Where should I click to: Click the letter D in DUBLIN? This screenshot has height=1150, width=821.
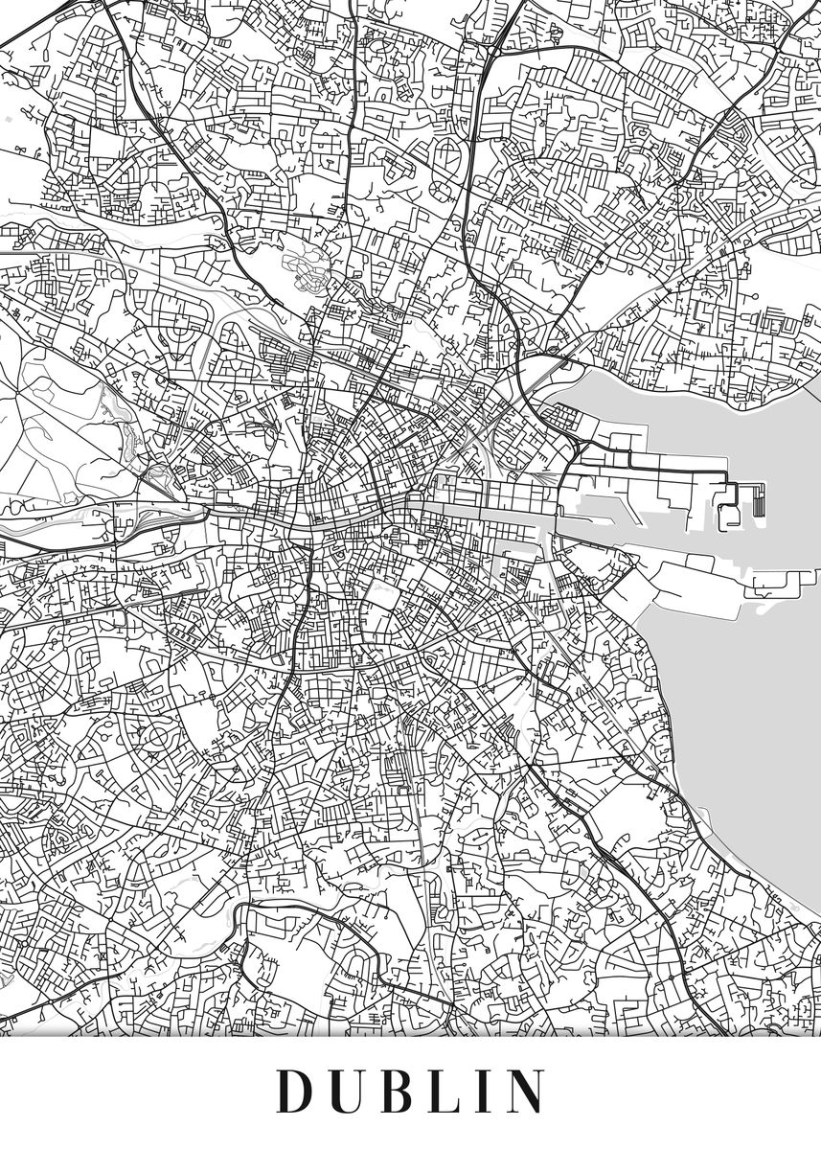pos(295,1091)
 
